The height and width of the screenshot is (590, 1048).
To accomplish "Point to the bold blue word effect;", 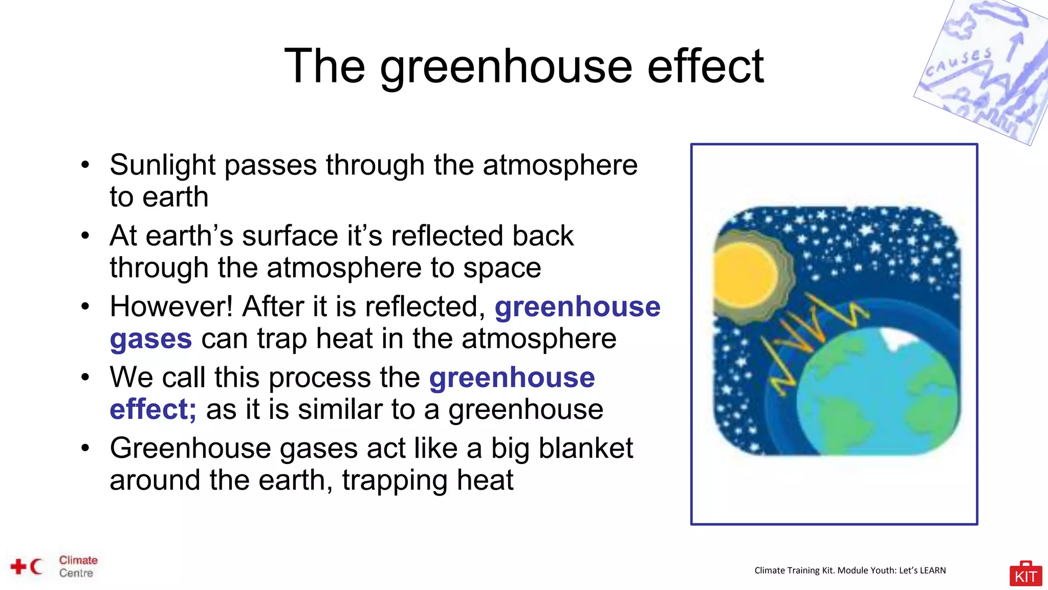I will click(x=152, y=410).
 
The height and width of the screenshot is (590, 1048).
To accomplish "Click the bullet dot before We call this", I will click(x=85, y=377).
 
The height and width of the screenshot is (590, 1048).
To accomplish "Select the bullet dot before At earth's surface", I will click(x=85, y=236).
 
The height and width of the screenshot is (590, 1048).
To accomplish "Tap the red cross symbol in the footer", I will click(x=18, y=566).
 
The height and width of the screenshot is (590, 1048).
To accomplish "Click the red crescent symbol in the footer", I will click(x=36, y=566).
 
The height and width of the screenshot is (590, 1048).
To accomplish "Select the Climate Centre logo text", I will click(x=78, y=566).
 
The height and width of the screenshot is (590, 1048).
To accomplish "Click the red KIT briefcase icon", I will click(x=1025, y=574).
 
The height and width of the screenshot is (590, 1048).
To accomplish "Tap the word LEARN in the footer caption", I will click(x=932, y=571).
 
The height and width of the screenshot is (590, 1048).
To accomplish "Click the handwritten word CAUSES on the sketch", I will click(x=958, y=63).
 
